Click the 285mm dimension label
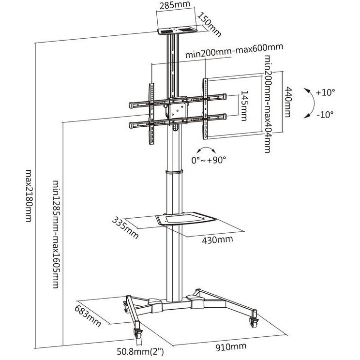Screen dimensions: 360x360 click(x=175, y=5)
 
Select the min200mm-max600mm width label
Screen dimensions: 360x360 click(x=234, y=51)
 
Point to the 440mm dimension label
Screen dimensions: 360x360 click(x=288, y=102)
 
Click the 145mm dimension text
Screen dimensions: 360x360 click(x=244, y=105)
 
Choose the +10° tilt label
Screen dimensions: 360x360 click(x=325, y=92)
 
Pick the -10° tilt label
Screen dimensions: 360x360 click(x=325, y=114)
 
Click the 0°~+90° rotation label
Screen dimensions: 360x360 click(x=209, y=160)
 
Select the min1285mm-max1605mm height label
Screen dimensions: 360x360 click(x=57, y=234)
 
